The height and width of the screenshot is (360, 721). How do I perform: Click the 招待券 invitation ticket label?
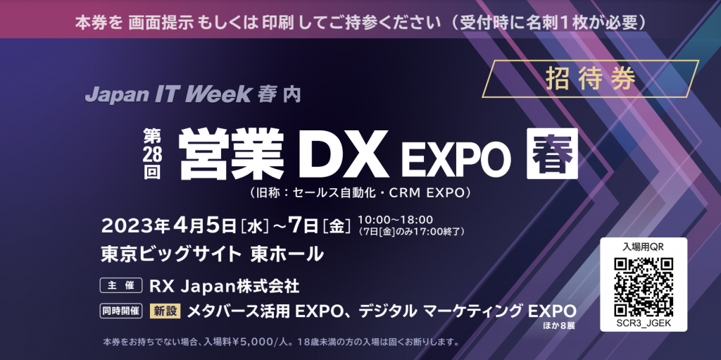pyautogui.click(x=591, y=79)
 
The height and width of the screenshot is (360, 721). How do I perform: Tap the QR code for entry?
pyautogui.click(x=644, y=287)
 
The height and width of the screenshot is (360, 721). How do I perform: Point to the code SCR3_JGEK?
pyautogui.click(x=644, y=323)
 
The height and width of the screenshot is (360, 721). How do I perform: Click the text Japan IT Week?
pyautogui.click(x=168, y=94)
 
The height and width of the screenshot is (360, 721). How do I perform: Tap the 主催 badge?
pyautogui.click(x=121, y=286)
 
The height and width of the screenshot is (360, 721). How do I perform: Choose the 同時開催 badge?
pyautogui.click(x=121, y=311)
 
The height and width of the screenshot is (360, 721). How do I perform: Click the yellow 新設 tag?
pyautogui.click(x=165, y=311)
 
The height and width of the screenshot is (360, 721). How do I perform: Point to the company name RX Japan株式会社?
pyautogui.click(x=225, y=286)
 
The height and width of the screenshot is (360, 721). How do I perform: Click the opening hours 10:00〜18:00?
pyautogui.click(x=396, y=220)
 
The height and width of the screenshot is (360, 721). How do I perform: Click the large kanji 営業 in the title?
pyautogui.click(x=231, y=153)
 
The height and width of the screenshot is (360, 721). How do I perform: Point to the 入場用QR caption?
pyautogui.click(x=644, y=247)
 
